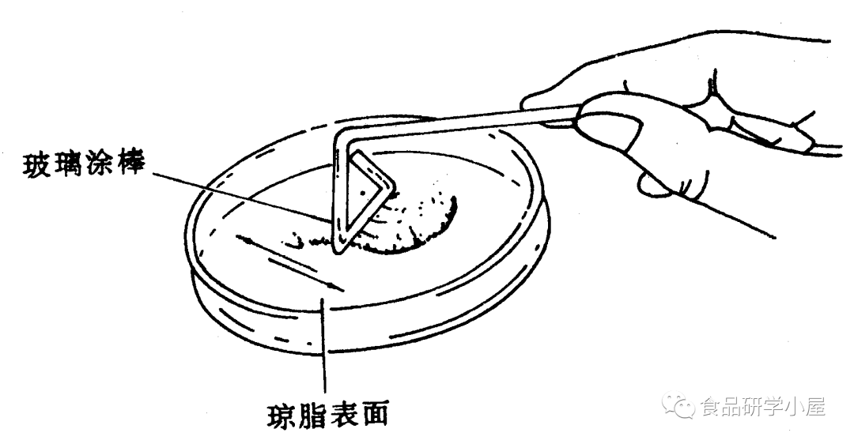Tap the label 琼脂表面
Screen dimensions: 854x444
[x=327, y=412]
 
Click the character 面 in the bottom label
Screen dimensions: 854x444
[x=376, y=412]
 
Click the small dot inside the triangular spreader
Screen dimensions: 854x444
[x=362, y=192]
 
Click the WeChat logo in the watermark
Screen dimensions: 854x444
[x=682, y=406]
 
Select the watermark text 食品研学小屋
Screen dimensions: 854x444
[x=762, y=407]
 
